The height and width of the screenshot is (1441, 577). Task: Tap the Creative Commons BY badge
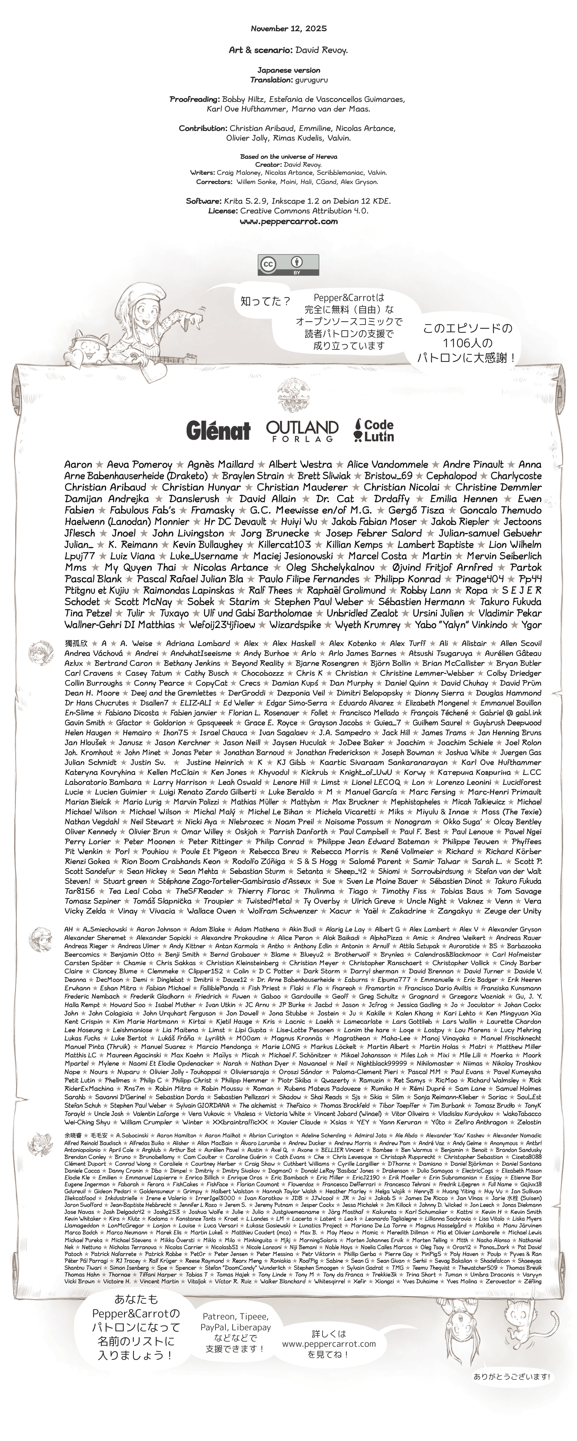coord(288,264)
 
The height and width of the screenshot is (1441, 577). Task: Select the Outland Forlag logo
coord(302,431)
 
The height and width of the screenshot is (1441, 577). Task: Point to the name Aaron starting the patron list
coord(78,464)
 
